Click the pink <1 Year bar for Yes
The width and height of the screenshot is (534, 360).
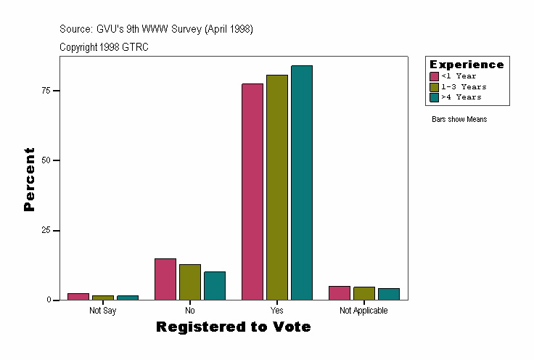coord(252,192)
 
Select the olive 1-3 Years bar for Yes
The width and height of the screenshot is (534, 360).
coord(276,187)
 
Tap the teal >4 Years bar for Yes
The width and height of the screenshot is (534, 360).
coord(301,183)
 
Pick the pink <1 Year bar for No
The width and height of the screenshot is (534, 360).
coord(165,279)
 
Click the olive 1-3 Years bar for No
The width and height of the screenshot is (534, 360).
coord(189,282)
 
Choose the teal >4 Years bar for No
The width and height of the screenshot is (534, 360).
coord(214,286)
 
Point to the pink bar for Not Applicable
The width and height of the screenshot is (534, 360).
coord(340,292)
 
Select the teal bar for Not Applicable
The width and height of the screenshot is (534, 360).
coord(388,294)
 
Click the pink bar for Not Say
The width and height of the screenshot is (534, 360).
coord(78,296)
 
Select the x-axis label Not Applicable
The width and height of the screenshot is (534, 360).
coord(363,311)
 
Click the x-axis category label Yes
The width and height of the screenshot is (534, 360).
coord(276,311)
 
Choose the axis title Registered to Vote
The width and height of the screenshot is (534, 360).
coord(233,327)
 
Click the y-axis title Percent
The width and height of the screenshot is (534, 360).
coord(29,179)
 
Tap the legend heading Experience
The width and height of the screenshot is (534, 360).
coord(467,65)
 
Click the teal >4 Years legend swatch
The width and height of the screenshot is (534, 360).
coord(435,97)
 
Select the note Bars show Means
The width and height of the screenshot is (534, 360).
coord(459,119)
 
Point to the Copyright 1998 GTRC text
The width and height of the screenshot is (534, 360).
coord(104,47)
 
